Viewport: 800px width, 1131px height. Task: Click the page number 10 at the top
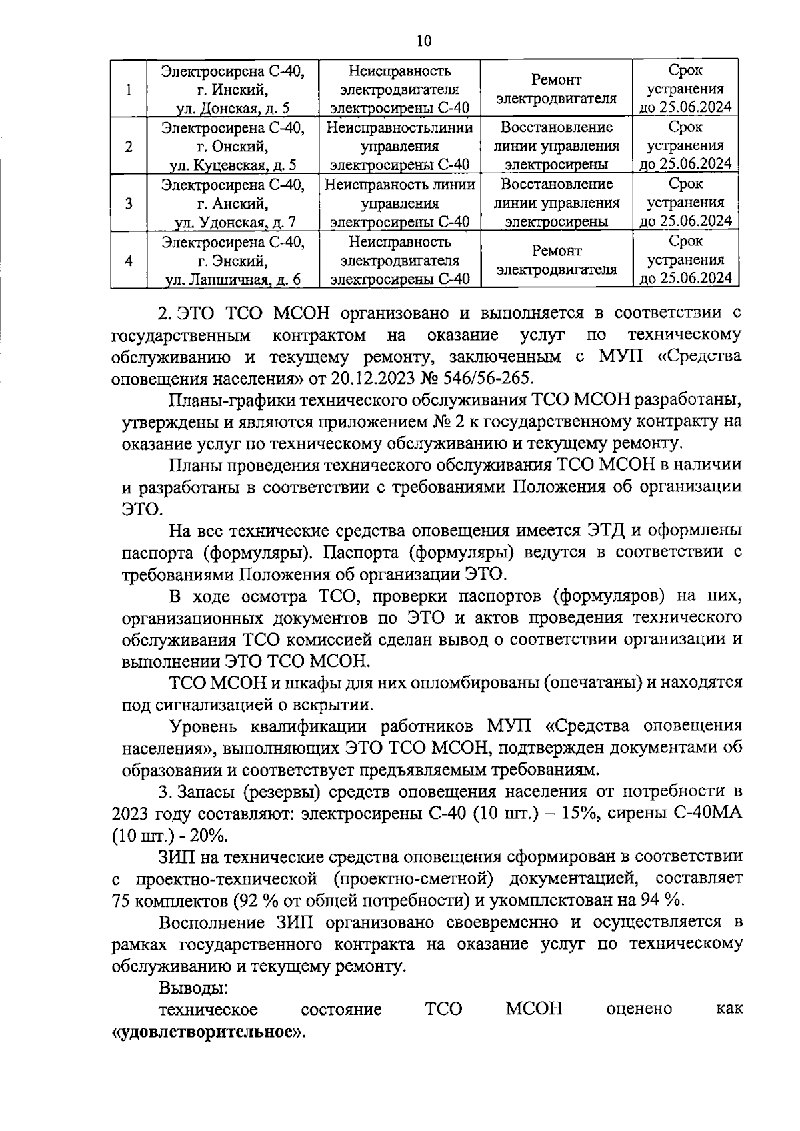coord(424,41)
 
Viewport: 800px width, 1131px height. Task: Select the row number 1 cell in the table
coord(128,89)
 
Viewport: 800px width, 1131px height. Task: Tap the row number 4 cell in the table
coord(128,261)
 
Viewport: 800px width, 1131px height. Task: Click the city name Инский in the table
coord(241,89)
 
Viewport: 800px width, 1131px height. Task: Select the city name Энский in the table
coord(241,261)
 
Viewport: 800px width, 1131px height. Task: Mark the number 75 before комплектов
coord(123,900)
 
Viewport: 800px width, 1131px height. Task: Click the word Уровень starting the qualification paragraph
coord(205,726)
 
